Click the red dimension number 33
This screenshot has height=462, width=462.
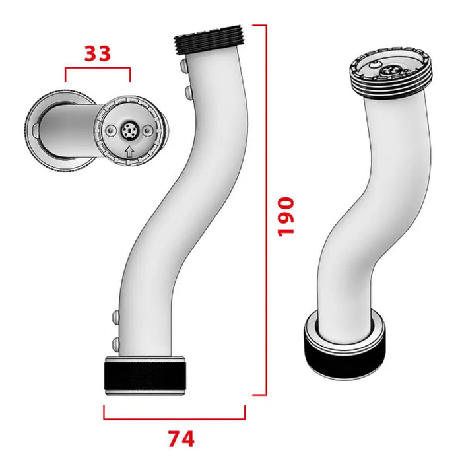pos(98,53)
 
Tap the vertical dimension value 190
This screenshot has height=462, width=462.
pos(286,216)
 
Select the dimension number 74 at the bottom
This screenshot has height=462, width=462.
pos(180,438)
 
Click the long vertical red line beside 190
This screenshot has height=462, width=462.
pos(266,211)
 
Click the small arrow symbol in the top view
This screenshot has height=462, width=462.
pos(129,152)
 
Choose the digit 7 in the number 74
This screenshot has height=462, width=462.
pos(172,438)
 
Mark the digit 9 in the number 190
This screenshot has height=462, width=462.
pos(286,216)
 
